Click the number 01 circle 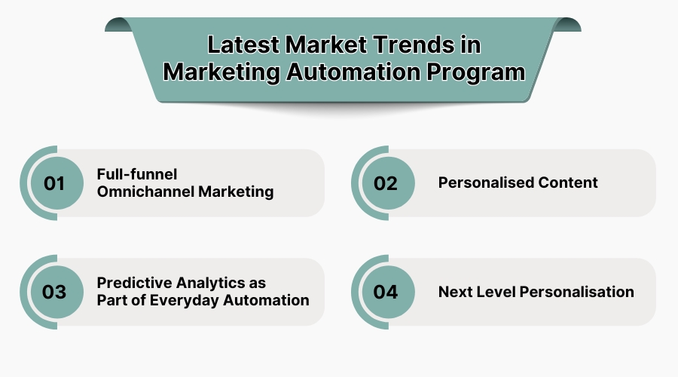click(x=54, y=183)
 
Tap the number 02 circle click(x=386, y=183)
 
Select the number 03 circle click(x=54, y=292)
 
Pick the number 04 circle click(x=386, y=292)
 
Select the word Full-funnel click(x=136, y=174)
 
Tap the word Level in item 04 click(x=493, y=292)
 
